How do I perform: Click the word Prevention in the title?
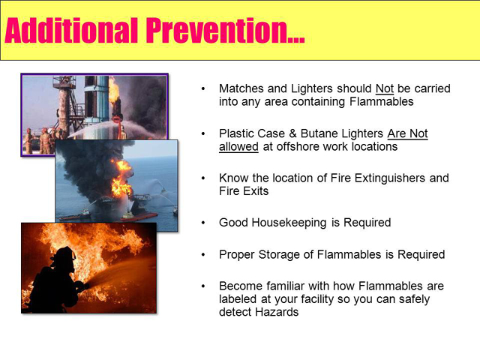(x=225, y=31)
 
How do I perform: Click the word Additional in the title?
(x=71, y=30)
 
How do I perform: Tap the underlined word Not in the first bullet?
(x=385, y=88)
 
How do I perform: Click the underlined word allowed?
(x=238, y=147)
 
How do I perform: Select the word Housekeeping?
(x=289, y=223)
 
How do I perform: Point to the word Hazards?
(x=277, y=312)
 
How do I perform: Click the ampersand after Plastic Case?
(x=292, y=133)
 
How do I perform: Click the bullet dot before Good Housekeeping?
(x=203, y=223)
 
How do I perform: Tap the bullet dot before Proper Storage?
(x=203, y=255)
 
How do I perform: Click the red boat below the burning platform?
(x=139, y=216)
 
